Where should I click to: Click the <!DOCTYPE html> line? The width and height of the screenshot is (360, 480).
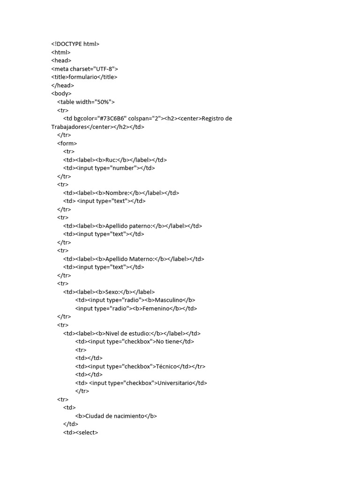tap(75, 44)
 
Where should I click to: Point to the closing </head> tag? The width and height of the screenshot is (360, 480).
tap(63, 85)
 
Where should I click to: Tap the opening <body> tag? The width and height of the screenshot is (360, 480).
tap(61, 94)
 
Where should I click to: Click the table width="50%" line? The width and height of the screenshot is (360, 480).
tap(86, 102)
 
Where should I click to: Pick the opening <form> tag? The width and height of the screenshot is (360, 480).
tap(67, 143)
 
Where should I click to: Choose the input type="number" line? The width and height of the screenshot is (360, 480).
tap(109, 168)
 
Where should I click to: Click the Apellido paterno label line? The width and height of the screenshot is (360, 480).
tap(133, 226)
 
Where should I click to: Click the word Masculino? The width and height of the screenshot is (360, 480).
tap(168, 300)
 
